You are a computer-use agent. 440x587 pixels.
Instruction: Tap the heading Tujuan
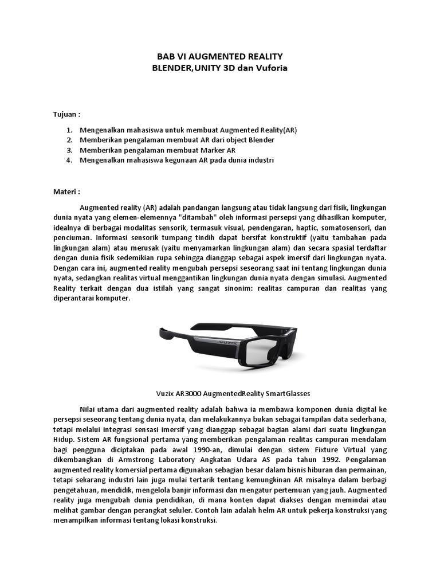pyautogui.click(x=65, y=114)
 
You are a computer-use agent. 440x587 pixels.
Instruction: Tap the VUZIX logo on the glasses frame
pyautogui.click(x=231, y=340)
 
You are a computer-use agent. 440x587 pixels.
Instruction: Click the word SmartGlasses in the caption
pyautogui.click(x=286, y=393)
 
